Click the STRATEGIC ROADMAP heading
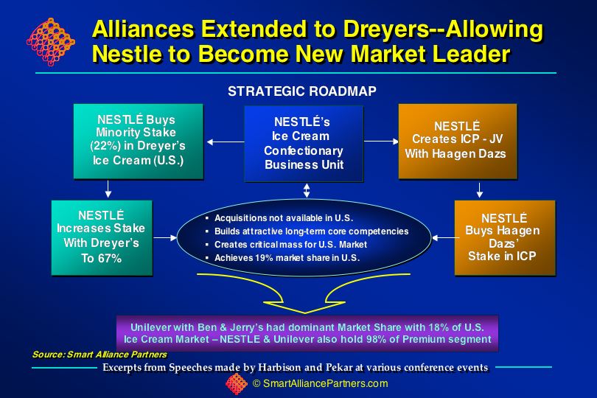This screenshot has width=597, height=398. tap(302, 91)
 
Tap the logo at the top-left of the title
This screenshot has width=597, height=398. tap(51, 41)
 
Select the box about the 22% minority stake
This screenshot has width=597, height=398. tap(139, 142)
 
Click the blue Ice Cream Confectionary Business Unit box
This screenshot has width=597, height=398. tap(304, 143)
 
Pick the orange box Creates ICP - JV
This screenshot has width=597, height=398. tap(458, 141)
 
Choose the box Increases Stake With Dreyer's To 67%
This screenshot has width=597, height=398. tap(102, 237)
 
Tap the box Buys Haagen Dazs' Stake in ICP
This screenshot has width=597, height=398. tap(505, 237)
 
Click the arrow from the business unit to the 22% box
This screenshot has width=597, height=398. tap(226, 142)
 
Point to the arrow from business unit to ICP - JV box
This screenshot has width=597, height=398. tap(381, 142)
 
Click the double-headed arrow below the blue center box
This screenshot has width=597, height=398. tap(307, 190)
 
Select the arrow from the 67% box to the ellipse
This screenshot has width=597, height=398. tap(165, 237)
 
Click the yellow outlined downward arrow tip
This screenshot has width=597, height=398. tap(304, 313)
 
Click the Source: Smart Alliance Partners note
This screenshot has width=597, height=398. tap(99, 355)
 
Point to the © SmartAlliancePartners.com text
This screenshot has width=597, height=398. tap(320, 383)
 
